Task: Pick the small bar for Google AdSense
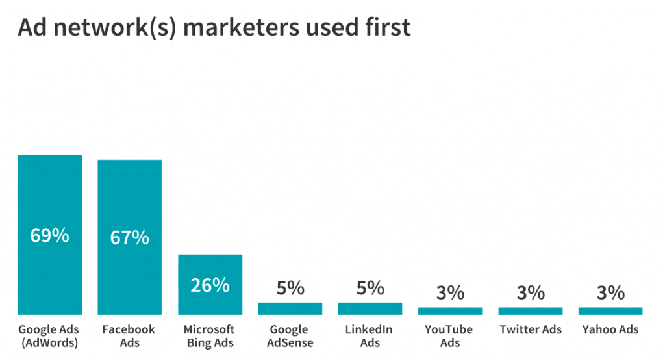[x=290, y=309]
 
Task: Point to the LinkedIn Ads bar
[x=370, y=309]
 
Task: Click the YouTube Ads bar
[x=450, y=311]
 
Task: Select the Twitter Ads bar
[x=530, y=311]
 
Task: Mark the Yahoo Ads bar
[x=610, y=311]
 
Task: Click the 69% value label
[x=49, y=235]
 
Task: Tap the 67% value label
[x=129, y=238]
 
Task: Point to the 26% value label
[x=210, y=285]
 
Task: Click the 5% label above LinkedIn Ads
[x=370, y=288]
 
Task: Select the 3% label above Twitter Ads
[x=530, y=293]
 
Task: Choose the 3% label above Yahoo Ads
[x=610, y=293]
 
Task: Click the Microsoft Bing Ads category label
[x=210, y=336]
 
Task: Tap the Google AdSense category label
[x=290, y=336]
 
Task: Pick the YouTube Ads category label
[x=450, y=336]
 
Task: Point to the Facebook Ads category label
[x=129, y=336]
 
